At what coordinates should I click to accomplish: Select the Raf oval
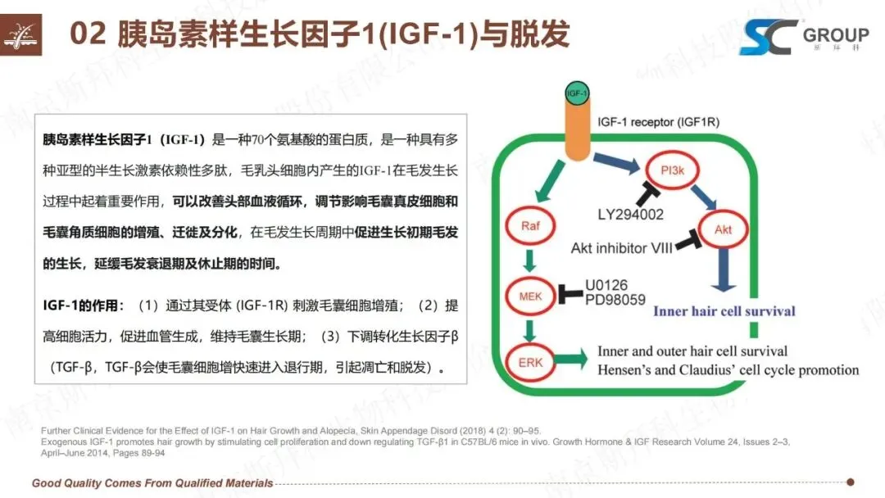coord(529,224)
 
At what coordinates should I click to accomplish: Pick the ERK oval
coord(529,358)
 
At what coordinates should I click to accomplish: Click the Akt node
coord(723,230)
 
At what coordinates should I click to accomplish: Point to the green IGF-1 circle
coord(577,94)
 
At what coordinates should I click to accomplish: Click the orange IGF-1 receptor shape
coord(576,131)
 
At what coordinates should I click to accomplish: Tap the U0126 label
coord(606,286)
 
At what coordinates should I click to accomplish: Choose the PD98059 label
coord(615,300)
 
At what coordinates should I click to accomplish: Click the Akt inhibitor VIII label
coord(621,247)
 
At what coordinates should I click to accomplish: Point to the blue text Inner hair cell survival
coord(724,311)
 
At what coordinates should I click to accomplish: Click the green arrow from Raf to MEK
coord(529,259)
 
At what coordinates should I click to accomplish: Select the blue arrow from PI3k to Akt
coord(703,198)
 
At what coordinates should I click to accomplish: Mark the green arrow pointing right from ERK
coord(573,358)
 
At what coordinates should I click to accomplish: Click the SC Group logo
coord(803,37)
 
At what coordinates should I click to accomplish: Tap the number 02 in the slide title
coord(89,35)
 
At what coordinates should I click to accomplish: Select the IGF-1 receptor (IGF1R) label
coord(659,122)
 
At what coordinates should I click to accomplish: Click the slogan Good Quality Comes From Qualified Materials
coord(152,482)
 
